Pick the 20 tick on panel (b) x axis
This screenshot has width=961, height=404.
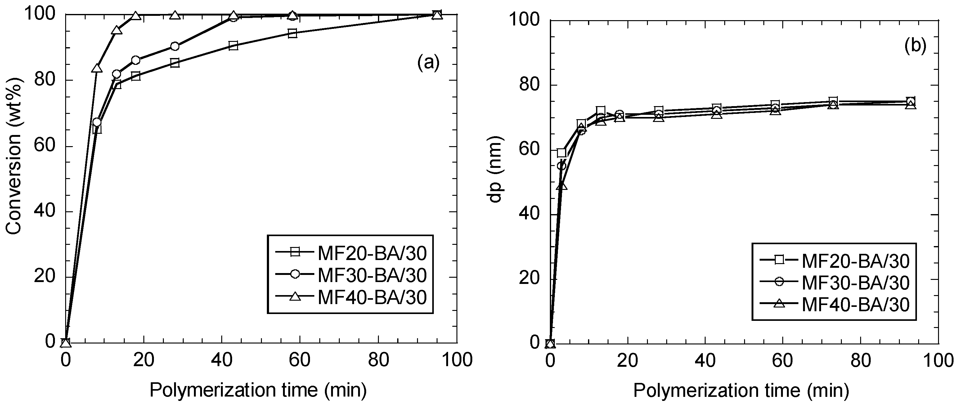[x=627, y=361]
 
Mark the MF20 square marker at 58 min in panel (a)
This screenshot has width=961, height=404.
[x=293, y=33]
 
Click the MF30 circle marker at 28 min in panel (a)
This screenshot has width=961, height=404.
[x=175, y=46]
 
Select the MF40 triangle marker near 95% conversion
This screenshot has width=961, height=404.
[x=116, y=30]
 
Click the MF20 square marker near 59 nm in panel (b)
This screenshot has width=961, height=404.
[x=561, y=153]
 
